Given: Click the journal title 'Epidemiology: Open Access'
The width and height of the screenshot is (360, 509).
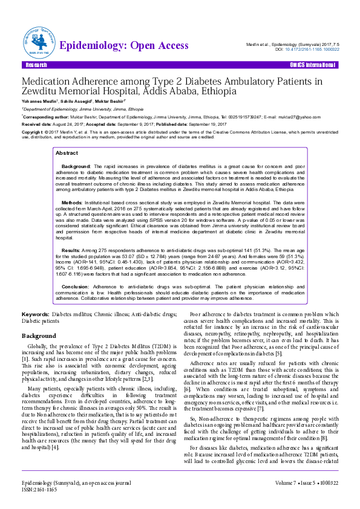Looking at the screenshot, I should [124, 46].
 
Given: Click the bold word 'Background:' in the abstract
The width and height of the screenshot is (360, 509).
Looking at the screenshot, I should [76, 165].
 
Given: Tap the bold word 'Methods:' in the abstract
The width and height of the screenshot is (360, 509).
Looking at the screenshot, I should [73, 203].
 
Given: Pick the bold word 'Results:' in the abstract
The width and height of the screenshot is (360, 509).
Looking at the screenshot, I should [72, 250].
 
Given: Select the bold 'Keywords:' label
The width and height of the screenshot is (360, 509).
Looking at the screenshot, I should [35, 315].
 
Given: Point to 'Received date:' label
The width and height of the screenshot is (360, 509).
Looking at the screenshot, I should [37, 123].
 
